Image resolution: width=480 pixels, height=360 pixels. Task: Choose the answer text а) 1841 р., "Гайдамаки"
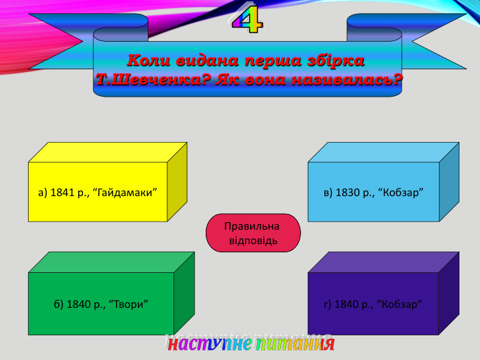point(99,192)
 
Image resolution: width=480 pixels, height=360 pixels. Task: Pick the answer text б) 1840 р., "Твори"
point(101,304)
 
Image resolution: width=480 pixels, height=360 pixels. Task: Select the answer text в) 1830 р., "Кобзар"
point(373,192)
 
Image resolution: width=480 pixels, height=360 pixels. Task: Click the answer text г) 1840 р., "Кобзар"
point(373,304)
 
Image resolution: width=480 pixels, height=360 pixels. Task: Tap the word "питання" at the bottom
point(294,343)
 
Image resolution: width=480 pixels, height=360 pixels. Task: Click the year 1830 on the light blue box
point(347,192)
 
